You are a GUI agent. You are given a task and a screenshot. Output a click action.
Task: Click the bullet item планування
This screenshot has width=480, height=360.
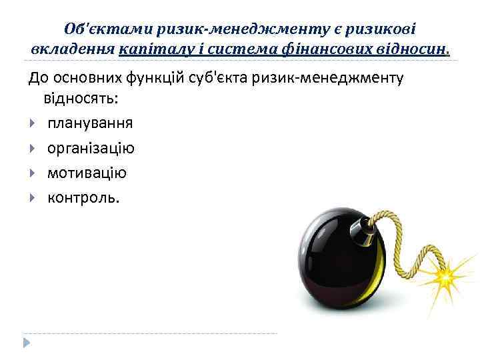(90, 123)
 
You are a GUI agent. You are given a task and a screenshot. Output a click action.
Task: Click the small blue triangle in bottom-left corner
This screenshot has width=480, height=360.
(27, 343)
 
